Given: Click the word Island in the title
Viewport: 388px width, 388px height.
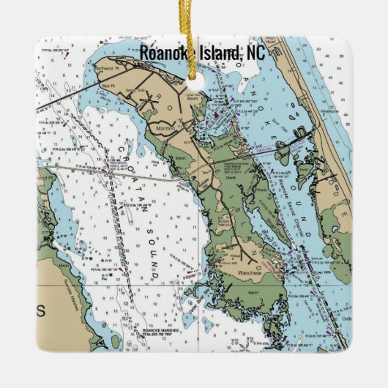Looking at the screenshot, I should pyautogui.click(x=216, y=53).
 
